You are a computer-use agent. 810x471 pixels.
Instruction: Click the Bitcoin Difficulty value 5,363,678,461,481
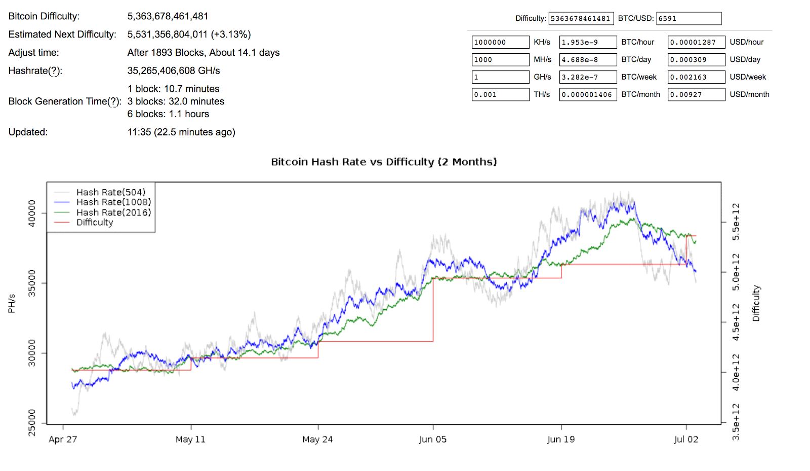(168, 16)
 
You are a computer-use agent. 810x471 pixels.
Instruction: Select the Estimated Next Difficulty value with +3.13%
(189, 34)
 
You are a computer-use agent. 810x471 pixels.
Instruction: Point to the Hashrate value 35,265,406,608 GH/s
(173, 70)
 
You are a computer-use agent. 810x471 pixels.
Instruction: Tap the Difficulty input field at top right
(581, 19)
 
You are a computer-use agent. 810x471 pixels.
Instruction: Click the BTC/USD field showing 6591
(688, 19)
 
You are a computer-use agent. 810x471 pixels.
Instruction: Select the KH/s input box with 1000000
(500, 42)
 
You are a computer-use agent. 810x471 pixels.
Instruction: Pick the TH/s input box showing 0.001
(500, 95)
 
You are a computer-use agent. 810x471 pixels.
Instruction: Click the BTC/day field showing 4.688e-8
(588, 60)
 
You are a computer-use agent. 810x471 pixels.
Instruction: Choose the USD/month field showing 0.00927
(696, 95)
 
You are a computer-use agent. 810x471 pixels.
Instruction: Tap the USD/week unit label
(748, 77)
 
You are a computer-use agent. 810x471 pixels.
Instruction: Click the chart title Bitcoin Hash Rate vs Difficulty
(384, 162)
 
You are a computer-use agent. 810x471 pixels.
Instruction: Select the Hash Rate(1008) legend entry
(113, 202)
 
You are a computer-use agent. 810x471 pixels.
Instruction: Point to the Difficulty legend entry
(95, 223)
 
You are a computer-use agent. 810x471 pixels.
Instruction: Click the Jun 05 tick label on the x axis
(433, 439)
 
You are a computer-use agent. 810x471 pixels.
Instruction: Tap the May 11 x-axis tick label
(190, 439)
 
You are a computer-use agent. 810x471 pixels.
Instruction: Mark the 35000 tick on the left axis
(32, 283)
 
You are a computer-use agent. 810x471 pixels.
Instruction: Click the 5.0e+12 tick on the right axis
(736, 272)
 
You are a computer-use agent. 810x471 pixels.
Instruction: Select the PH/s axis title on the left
(12, 303)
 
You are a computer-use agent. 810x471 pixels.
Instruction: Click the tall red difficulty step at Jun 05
(433, 309)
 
